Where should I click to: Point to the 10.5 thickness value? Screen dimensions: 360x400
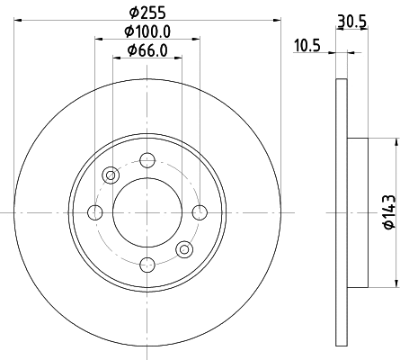click(307, 44)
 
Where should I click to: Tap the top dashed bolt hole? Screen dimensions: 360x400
click(147, 160)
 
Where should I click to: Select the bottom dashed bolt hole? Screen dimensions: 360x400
click(147, 264)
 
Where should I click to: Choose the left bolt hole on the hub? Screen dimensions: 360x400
click(95, 212)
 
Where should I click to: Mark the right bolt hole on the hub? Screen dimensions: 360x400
click(200, 212)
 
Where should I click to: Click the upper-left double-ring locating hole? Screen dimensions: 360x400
click(111, 175)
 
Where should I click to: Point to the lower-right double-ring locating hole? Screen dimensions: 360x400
click(184, 249)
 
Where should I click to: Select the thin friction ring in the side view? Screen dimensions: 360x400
click(340, 212)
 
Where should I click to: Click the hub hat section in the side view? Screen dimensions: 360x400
click(357, 212)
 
